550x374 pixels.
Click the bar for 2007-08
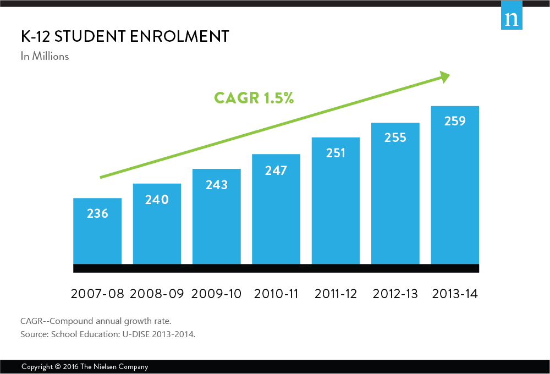click(97, 231)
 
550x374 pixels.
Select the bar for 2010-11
click(276, 209)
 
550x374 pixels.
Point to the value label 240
click(157, 200)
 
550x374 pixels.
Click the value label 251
click(335, 153)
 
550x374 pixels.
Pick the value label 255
click(395, 137)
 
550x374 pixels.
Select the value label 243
click(216, 185)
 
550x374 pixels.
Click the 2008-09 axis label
click(157, 294)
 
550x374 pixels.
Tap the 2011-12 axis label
click(335, 294)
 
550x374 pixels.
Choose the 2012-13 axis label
click(395, 294)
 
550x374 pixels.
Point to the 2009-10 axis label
click(216, 294)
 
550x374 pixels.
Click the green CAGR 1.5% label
click(254, 98)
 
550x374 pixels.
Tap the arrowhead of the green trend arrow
click(444, 78)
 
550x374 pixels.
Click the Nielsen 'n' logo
click(512, 19)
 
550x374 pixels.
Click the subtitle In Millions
click(45, 56)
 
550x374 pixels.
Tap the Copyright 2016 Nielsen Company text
click(85, 367)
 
